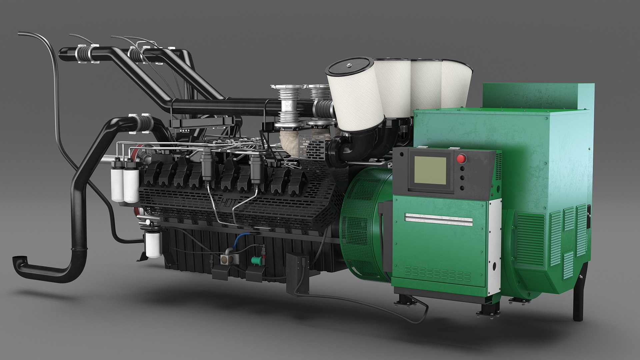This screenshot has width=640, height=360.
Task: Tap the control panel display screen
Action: [430, 170]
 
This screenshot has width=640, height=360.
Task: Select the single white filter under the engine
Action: [153, 245]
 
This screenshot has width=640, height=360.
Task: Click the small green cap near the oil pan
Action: [256, 259]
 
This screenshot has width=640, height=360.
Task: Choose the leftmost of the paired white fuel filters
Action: [117, 183]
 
